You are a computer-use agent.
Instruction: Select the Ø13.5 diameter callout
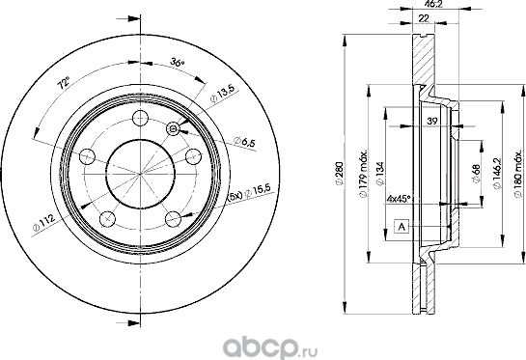click(x=225, y=95)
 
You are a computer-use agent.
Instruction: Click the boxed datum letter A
click(x=399, y=225)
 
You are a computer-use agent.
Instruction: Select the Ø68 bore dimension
click(x=478, y=173)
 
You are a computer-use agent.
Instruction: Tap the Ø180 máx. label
click(x=516, y=175)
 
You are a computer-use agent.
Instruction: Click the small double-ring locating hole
click(x=173, y=129)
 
